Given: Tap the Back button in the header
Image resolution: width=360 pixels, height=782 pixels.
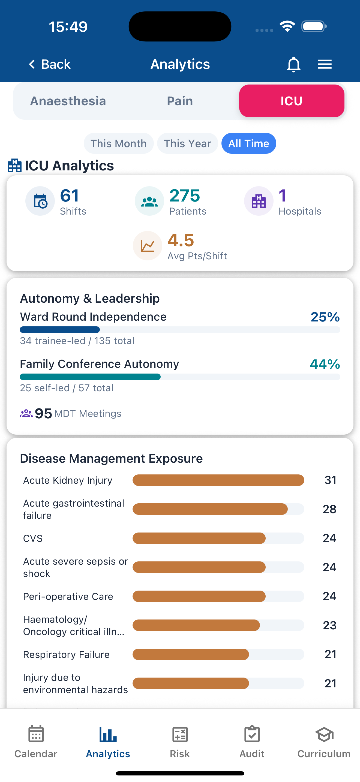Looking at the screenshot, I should [x=50, y=64].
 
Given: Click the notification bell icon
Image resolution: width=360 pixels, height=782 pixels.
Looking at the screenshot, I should [x=293, y=64].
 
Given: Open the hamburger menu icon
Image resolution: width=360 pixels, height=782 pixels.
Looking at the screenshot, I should [x=325, y=64].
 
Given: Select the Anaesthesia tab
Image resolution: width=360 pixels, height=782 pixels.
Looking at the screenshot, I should [x=68, y=101].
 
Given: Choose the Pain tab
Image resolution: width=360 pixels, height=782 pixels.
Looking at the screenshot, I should [x=180, y=101].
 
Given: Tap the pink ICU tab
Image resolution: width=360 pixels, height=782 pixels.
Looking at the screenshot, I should [x=291, y=101].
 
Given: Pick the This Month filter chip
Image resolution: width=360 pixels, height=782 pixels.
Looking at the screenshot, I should [x=118, y=144].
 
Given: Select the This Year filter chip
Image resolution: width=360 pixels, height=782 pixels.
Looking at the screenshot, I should [x=187, y=144].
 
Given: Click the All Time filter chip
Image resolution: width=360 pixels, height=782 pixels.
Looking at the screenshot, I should [x=249, y=144].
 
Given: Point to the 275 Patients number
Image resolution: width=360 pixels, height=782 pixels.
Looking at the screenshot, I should [x=185, y=196].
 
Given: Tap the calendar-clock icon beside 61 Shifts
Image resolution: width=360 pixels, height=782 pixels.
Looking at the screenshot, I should [x=40, y=201].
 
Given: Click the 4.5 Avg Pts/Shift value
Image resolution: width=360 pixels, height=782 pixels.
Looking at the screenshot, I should [x=181, y=240].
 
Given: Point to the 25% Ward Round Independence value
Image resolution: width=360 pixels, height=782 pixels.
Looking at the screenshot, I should [x=325, y=317].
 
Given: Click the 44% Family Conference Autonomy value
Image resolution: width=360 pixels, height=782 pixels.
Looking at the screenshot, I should [x=325, y=364].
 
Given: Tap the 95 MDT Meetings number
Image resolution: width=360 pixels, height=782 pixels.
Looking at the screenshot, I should [x=43, y=413].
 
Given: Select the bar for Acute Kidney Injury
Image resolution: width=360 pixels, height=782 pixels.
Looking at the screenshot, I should [x=218, y=480].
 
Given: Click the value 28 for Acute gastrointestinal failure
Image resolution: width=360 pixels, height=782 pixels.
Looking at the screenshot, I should [x=329, y=509].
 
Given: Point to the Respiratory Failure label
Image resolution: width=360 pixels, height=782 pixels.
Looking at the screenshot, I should [x=66, y=654].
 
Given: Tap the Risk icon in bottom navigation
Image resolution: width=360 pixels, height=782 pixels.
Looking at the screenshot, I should [x=180, y=735].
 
